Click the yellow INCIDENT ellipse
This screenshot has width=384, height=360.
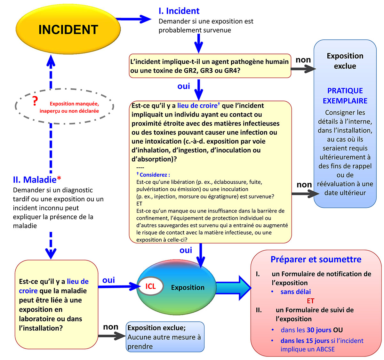coord(68,29)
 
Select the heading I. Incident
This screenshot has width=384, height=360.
coord(179,11)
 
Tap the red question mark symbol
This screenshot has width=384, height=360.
coord(35,101)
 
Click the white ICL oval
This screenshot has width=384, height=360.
coord(150,286)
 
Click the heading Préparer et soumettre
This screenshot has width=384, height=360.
coord(316,260)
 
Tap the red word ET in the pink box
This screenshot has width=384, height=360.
coord(310,301)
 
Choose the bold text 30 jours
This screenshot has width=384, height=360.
coord(319,330)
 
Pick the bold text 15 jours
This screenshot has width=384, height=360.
coord(313,341)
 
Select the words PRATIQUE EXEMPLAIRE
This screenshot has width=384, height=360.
coord(345,96)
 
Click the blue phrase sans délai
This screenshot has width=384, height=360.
coord(295,292)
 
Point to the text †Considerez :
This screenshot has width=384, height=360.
coord(153,175)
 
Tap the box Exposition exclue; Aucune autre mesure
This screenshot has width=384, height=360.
coord(165,337)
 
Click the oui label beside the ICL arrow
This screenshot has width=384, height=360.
coord(108,280)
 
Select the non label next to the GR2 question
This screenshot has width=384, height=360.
coord(303,60)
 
